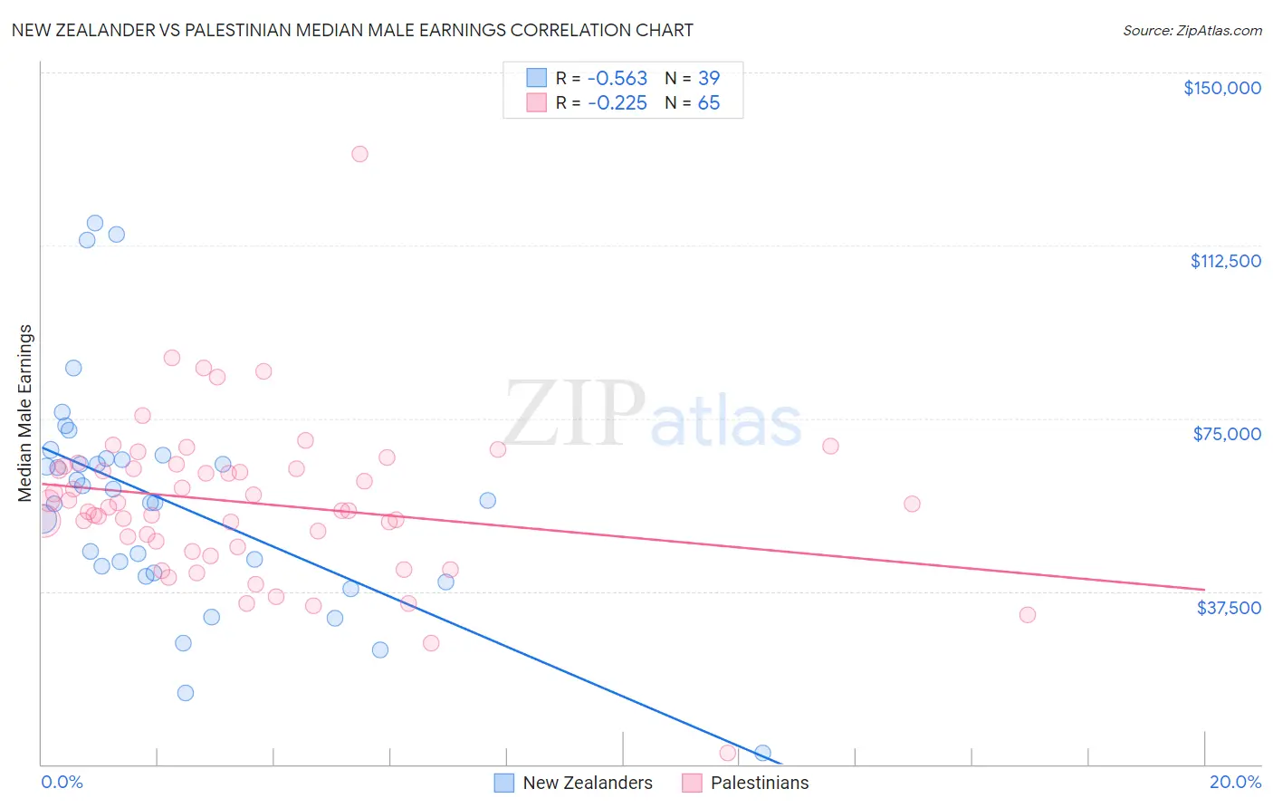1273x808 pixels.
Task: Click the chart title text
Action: point(352,30)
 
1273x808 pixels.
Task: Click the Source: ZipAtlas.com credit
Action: point(1192,30)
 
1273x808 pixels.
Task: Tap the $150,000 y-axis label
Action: point(1221,88)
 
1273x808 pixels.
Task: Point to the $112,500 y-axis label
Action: point(1225,261)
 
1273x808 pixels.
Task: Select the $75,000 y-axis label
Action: point(1227,434)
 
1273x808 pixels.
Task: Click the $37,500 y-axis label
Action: point(1229,608)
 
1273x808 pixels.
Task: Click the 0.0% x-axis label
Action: point(62,782)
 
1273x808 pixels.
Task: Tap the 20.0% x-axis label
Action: point(1235,782)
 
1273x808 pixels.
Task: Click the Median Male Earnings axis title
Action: point(25,412)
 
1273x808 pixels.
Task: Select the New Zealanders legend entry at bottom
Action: point(572,783)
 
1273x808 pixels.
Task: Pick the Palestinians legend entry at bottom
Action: point(744,783)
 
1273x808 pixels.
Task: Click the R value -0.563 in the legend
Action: point(617,78)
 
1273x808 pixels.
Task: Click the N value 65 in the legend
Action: point(708,103)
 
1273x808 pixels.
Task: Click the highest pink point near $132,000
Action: point(359,154)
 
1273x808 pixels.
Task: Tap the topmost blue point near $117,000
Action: point(95,223)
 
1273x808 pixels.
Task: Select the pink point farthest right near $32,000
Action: point(1027,615)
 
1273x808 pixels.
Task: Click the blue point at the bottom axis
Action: point(762,753)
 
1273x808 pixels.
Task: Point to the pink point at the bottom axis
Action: point(727,753)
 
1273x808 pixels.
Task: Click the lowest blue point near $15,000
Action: point(186,693)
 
